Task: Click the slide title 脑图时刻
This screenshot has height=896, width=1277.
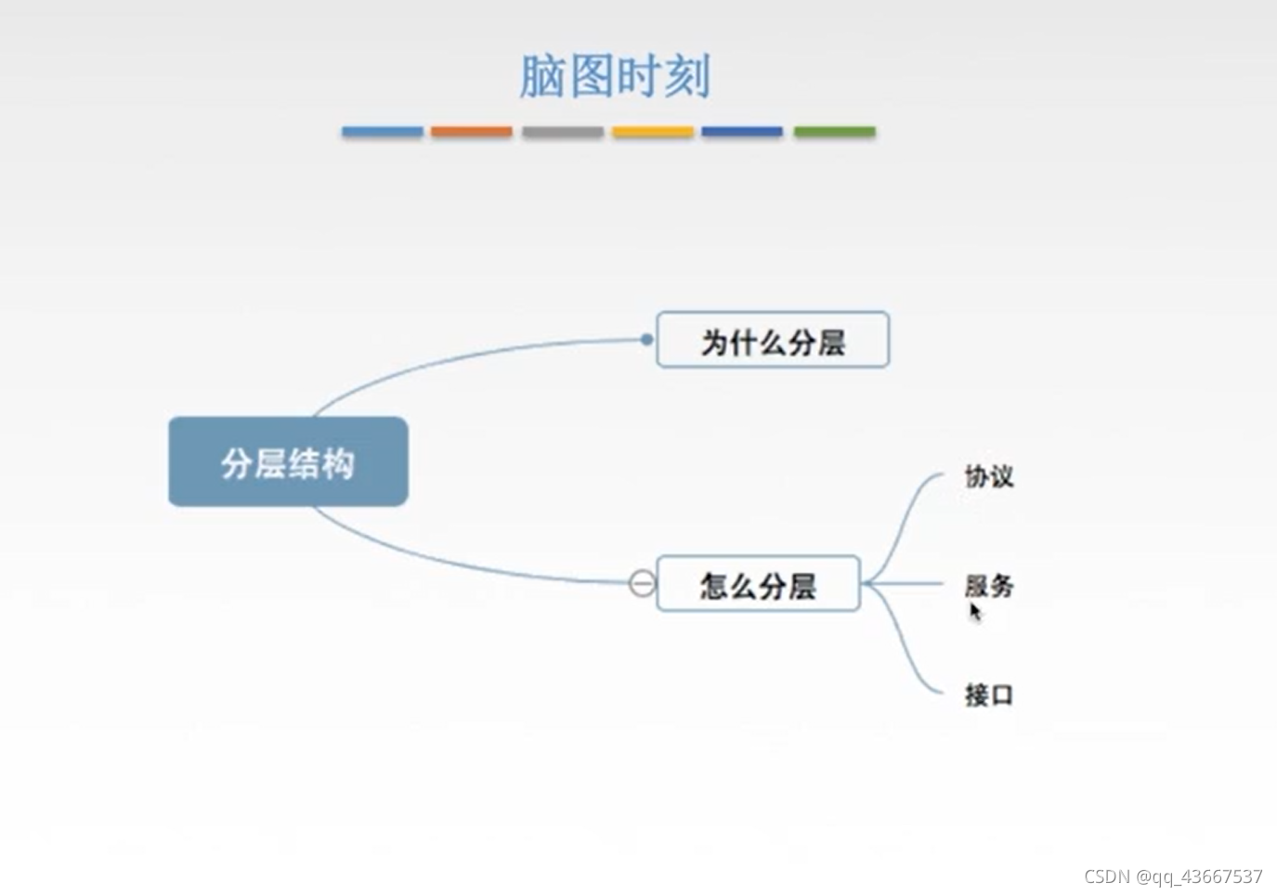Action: coord(615,76)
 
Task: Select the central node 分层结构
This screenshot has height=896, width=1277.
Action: coord(288,461)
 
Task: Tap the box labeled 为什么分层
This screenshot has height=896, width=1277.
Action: coord(772,341)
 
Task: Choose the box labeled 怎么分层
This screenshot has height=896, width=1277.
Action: coord(758,584)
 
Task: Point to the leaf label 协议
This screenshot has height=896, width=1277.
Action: coord(988,476)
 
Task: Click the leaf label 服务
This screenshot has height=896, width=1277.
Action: coord(988,585)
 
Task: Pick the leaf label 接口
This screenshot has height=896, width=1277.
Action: coord(988,695)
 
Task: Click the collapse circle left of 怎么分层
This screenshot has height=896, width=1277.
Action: coord(642,583)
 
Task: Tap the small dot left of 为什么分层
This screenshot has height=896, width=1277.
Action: coord(646,340)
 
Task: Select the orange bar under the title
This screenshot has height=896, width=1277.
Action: coord(471,132)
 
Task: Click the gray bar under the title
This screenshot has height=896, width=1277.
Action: coord(562,132)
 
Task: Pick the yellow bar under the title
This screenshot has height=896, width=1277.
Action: coord(652,132)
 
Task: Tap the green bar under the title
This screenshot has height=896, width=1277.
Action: coord(834,132)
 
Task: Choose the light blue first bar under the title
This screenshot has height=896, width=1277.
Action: coord(382,132)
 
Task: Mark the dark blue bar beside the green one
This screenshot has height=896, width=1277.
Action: coord(742,132)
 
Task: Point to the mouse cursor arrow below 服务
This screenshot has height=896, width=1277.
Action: coord(974,612)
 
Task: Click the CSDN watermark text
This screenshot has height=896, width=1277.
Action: coord(1172,877)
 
